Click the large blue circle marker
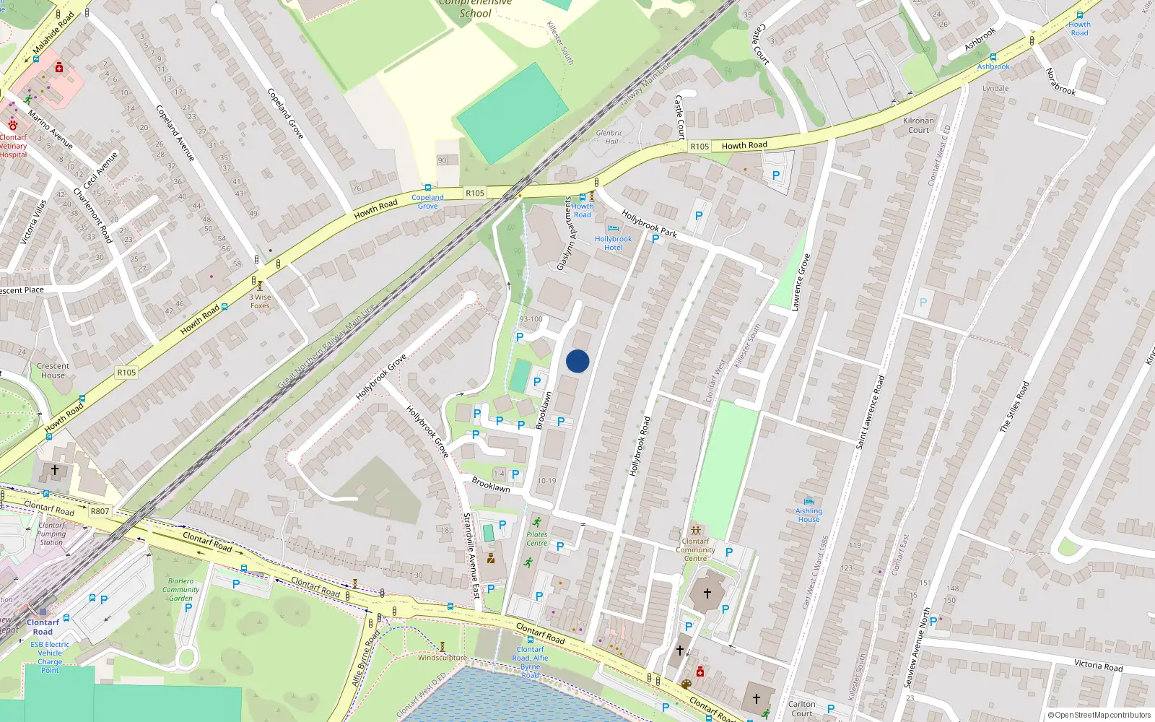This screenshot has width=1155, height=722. click(577, 361)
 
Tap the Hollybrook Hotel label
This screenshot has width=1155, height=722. click(613, 243)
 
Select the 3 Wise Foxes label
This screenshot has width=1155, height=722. click(261, 301)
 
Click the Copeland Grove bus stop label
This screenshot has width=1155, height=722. click(427, 201)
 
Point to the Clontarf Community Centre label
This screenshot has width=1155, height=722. click(695, 549)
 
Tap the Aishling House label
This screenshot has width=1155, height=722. click(808, 515)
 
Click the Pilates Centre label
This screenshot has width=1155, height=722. click(536, 539)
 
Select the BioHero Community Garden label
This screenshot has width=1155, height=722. click(180, 589)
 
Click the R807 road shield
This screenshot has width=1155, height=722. click(100, 511)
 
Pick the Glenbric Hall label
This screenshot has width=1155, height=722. click(609, 137)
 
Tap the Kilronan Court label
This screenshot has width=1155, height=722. click(918, 126)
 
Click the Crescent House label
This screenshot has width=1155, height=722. click(53, 370)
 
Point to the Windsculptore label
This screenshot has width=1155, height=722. click(442, 658)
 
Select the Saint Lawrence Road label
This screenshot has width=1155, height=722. click(869, 412)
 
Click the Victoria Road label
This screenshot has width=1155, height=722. click(1098, 665)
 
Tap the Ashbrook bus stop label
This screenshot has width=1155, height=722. click(993, 66)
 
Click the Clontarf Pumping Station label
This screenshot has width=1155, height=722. click(51, 534)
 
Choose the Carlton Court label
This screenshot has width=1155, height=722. click(801, 708)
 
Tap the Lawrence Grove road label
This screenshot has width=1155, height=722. click(801, 282)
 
